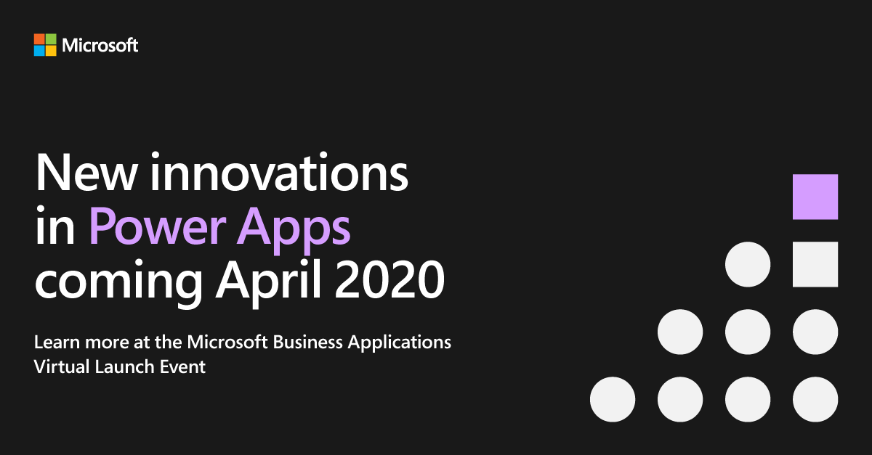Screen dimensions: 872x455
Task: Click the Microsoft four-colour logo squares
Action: [45, 45]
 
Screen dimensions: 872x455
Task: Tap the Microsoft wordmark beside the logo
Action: [100, 45]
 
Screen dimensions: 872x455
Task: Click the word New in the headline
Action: [86, 172]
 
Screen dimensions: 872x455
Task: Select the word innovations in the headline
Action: [279, 171]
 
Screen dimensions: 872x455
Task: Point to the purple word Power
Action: [158, 226]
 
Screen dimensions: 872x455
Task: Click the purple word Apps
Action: [294, 230]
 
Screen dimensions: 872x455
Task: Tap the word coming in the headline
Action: [118, 283]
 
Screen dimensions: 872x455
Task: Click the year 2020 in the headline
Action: [389, 279]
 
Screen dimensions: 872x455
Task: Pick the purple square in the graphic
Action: [815, 197]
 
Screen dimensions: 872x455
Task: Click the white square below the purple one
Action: [815, 264]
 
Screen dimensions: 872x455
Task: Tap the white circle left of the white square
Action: [748, 264]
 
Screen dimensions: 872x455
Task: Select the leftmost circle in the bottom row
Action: [613, 399]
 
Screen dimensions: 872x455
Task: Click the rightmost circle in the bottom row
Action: [815, 399]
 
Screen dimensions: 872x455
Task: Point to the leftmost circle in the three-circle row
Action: [680, 332]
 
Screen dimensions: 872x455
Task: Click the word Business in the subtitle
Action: [308, 343]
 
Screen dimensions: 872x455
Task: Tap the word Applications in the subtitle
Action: [400, 344]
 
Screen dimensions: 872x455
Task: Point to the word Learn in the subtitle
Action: [57, 343]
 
